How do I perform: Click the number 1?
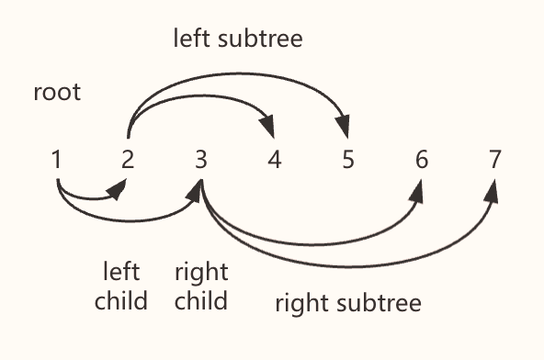click(x=57, y=160)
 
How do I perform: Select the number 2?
click(x=128, y=160)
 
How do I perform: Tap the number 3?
click(x=200, y=160)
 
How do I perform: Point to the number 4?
click(x=274, y=160)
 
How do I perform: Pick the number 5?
click(x=347, y=160)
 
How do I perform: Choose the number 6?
click(x=421, y=160)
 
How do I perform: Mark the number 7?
click(x=495, y=160)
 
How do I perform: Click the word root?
click(x=57, y=93)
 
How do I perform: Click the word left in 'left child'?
click(x=121, y=273)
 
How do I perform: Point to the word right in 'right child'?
click(x=201, y=273)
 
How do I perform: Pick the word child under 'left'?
click(x=121, y=300)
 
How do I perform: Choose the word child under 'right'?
click(x=201, y=300)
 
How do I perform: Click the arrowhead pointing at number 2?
click(x=118, y=189)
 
